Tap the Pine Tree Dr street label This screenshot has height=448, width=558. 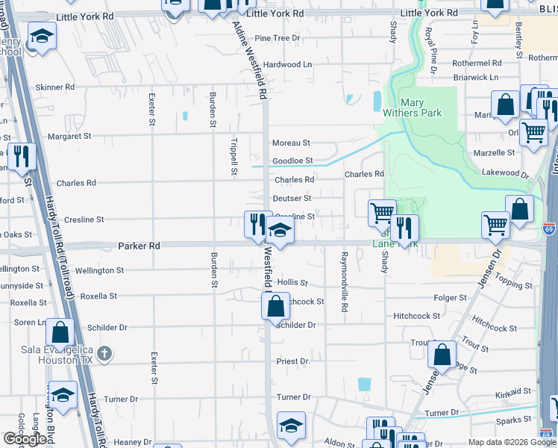click(277, 38)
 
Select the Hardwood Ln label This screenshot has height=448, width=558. click(287, 65)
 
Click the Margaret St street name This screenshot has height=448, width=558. click(69, 137)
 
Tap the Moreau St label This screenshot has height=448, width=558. click(291, 143)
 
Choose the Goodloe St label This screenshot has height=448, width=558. click(292, 161)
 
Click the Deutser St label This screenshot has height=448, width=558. click(292, 199)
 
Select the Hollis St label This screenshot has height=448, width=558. click(292, 283)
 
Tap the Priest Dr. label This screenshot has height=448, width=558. click(293, 361)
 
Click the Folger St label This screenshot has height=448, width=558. click(450, 298)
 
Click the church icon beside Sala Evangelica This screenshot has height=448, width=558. click(106, 352)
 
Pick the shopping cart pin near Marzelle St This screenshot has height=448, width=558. click(533, 133)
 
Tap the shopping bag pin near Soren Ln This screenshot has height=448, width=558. click(60, 332)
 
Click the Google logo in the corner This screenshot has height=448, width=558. click(25, 439)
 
